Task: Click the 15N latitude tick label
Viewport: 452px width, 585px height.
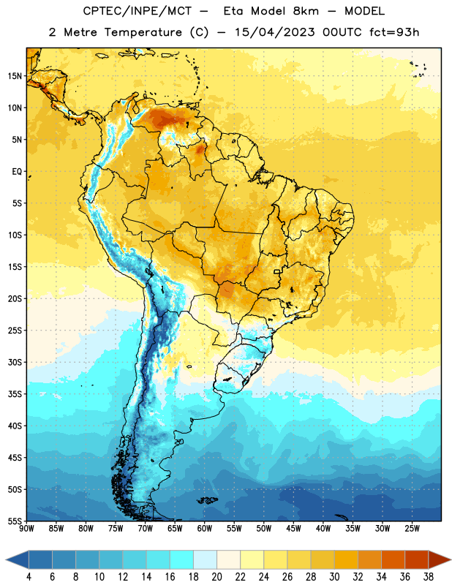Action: tap(15, 76)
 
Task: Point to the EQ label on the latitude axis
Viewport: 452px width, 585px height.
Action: tap(17, 172)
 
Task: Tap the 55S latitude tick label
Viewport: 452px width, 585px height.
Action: tap(15, 521)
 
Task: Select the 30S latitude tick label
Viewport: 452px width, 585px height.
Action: tap(15, 362)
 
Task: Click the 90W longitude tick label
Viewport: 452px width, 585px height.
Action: tap(26, 529)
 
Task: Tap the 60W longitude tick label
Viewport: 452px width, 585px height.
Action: tap(205, 529)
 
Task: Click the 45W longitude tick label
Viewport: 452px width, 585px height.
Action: tap(293, 529)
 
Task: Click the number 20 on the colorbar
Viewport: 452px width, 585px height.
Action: tap(216, 577)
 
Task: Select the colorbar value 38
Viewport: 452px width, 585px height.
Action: tap(429, 577)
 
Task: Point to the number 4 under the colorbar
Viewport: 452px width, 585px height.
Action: tap(29, 577)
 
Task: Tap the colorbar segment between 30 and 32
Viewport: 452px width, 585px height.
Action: tap(346, 559)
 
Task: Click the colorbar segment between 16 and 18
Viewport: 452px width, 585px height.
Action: tap(181, 559)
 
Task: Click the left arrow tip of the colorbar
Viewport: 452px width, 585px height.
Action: tap(6, 559)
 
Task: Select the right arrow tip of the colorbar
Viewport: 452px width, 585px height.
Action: tap(451, 559)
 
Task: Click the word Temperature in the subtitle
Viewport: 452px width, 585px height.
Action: tap(143, 32)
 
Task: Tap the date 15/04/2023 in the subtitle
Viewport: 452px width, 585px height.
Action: tap(275, 32)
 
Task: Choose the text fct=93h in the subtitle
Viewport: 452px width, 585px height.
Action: tap(394, 32)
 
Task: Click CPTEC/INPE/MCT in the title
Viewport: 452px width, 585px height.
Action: tap(138, 11)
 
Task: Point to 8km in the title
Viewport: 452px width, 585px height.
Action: tap(306, 11)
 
